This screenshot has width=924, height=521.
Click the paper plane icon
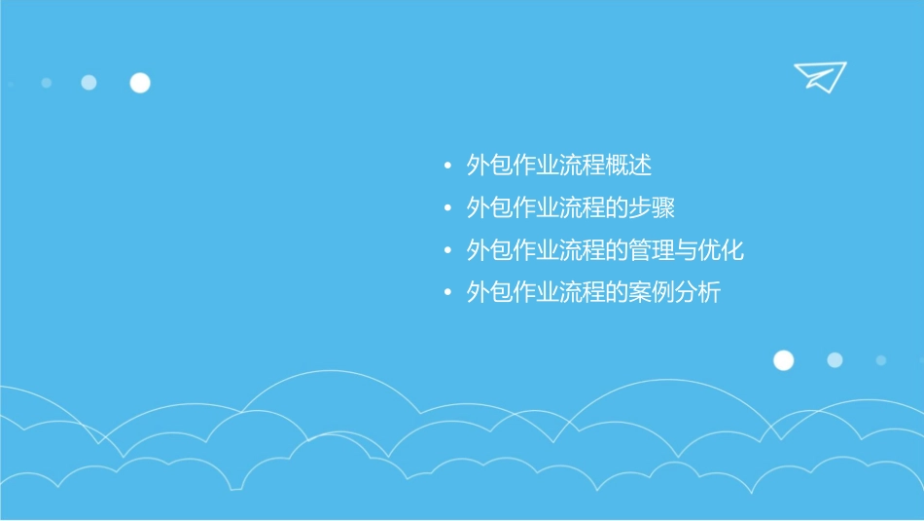coord(819,76)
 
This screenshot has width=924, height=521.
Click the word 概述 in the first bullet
coord(630,166)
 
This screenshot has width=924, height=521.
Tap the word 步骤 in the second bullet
coord(654,208)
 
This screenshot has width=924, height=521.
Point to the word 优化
coord(724,250)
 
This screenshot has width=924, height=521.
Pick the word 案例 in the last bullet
coord(654,292)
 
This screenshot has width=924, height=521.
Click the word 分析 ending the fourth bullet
coord(700,292)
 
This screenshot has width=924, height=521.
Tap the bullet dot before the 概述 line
coord(447,167)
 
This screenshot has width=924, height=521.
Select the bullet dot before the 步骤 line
coord(447,209)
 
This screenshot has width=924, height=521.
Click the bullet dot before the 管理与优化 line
coord(447,251)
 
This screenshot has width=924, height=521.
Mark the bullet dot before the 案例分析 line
coord(447,293)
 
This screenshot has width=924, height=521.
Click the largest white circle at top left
coord(140,83)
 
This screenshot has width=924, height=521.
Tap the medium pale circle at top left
coord(89,83)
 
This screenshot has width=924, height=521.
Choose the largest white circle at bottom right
coord(783,360)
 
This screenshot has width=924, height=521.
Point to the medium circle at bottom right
coord(835,360)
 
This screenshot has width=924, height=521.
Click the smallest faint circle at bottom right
coord(881,360)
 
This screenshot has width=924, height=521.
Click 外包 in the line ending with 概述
coord(489,166)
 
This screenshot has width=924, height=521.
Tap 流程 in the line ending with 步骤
coord(583,208)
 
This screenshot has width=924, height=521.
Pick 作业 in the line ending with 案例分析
coord(536,292)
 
